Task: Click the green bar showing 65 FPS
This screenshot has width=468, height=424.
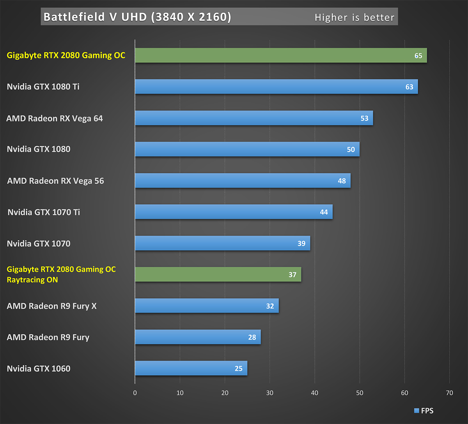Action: click(281, 55)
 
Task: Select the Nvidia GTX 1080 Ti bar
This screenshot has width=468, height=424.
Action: click(276, 87)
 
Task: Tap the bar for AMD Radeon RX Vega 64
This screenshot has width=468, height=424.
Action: click(254, 118)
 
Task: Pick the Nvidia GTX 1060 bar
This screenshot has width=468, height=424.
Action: click(191, 368)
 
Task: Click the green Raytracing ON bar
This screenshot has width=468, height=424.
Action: click(218, 274)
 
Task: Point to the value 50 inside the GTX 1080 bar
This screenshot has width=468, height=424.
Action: click(351, 150)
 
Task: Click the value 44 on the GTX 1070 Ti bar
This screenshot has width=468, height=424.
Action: click(324, 212)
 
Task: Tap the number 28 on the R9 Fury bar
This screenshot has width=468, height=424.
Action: click(252, 337)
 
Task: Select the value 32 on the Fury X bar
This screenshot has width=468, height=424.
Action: click(270, 306)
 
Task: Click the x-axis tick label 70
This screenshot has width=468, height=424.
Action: click(449, 393)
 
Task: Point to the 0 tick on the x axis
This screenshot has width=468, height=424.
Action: click(135, 393)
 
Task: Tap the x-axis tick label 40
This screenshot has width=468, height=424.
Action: click(315, 393)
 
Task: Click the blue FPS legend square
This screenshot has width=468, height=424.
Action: click(416, 411)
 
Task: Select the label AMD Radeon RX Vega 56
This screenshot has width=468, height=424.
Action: click(55, 181)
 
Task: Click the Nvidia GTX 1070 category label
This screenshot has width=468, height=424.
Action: click(39, 244)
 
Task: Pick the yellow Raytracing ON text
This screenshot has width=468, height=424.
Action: click(32, 280)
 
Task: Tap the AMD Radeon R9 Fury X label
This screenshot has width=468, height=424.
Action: click(51, 306)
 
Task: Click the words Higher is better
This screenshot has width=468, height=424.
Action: click(354, 18)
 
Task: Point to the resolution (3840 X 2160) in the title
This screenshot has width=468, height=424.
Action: click(191, 17)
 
